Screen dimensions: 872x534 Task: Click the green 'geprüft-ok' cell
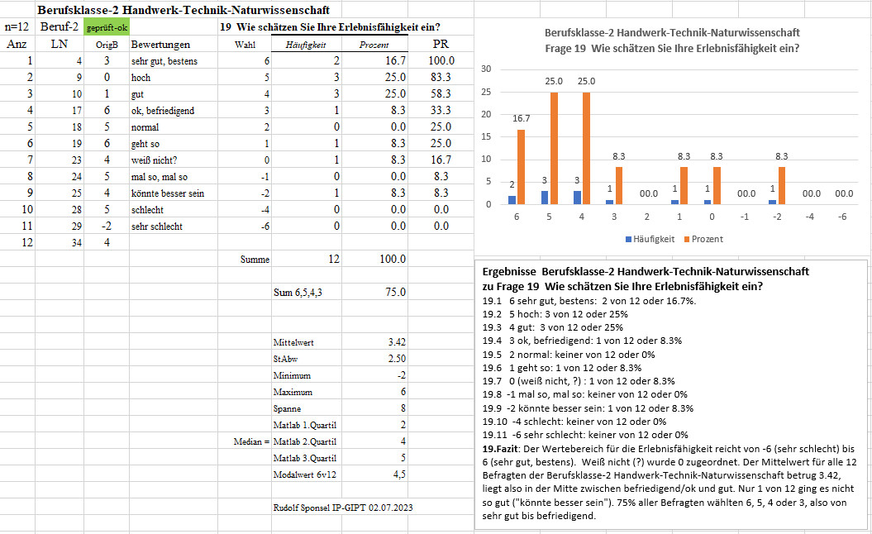[107, 27]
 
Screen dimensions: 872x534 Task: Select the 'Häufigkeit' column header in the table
[305, 45]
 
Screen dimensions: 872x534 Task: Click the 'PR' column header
[441, 44]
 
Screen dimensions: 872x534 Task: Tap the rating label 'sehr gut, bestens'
[164, 61]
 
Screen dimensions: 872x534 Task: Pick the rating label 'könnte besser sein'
[168, 193]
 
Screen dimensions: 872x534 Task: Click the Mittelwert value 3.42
[397, 342]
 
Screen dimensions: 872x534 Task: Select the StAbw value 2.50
[397, 359]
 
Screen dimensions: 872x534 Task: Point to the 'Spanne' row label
[287, 409]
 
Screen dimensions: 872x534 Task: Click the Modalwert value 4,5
[399, 474]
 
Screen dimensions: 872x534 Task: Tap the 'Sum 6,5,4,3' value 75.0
[395, 292]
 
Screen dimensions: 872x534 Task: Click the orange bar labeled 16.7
[521, 167]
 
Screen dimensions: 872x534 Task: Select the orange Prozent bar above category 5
[554, 149]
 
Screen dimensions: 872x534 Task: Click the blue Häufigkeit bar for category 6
[512, 200]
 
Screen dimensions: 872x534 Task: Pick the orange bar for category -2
[782, 185]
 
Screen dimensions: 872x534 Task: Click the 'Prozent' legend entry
[703, 239]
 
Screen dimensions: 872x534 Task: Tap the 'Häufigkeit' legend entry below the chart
[650, 239]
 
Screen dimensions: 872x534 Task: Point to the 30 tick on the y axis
[486, 69]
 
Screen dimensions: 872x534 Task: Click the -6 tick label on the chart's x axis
[842, 217]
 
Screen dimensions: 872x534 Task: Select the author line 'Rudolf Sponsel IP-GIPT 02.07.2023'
[343, 508]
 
